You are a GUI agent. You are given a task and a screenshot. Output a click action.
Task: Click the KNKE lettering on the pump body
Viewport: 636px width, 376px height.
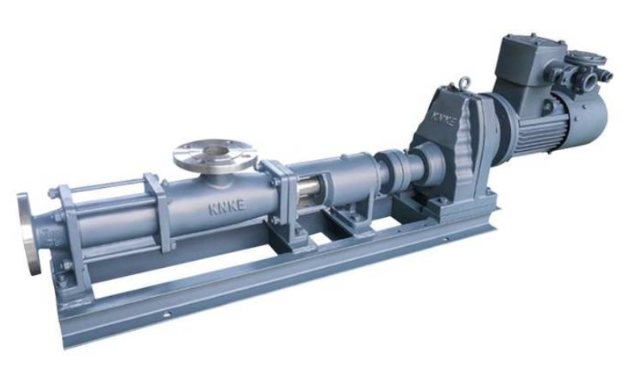point(227,207)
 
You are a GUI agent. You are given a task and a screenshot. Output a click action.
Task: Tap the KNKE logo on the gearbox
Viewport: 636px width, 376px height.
point(443,119)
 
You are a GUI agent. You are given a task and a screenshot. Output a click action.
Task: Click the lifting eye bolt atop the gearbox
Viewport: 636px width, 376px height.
point(463,83)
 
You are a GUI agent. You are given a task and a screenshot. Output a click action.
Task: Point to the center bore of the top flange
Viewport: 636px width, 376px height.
point(215,151)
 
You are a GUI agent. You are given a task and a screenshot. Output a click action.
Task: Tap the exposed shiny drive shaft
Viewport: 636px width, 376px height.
point(308,190)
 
